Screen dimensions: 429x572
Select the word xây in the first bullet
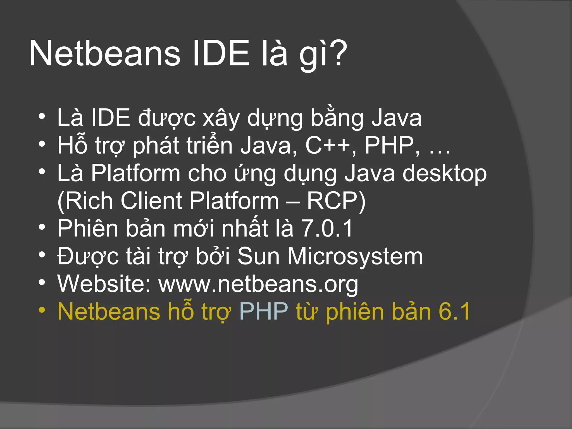[221, 119]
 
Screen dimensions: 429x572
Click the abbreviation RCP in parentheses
[332, 201]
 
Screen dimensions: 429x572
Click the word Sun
[258, 256]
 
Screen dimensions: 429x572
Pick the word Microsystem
[355, 256]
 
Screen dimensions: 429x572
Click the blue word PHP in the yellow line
[264, 311]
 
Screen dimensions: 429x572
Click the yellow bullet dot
[42, 310]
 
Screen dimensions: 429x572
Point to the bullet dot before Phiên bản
[42, 227]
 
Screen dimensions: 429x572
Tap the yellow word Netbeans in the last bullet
[109, 311]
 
